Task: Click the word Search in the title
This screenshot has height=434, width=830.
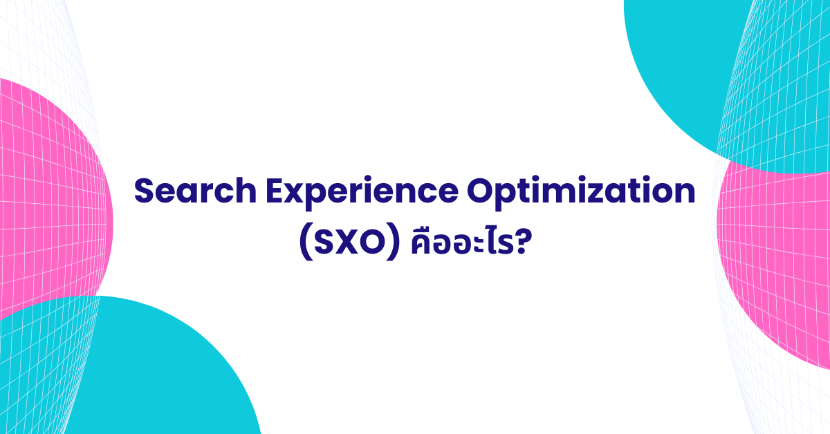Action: (195, 191)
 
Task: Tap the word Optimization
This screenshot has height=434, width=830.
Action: (581, 193)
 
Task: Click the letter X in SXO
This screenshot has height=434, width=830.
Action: (349, 243)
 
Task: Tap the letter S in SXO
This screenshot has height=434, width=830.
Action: (325, 243)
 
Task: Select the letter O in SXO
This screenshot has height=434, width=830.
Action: (372, 243)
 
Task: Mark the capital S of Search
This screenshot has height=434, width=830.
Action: (144, 191)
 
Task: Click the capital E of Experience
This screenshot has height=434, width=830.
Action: (275, 191)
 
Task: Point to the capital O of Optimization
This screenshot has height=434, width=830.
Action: (480, 191)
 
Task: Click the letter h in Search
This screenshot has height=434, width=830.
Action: (247, 190)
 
